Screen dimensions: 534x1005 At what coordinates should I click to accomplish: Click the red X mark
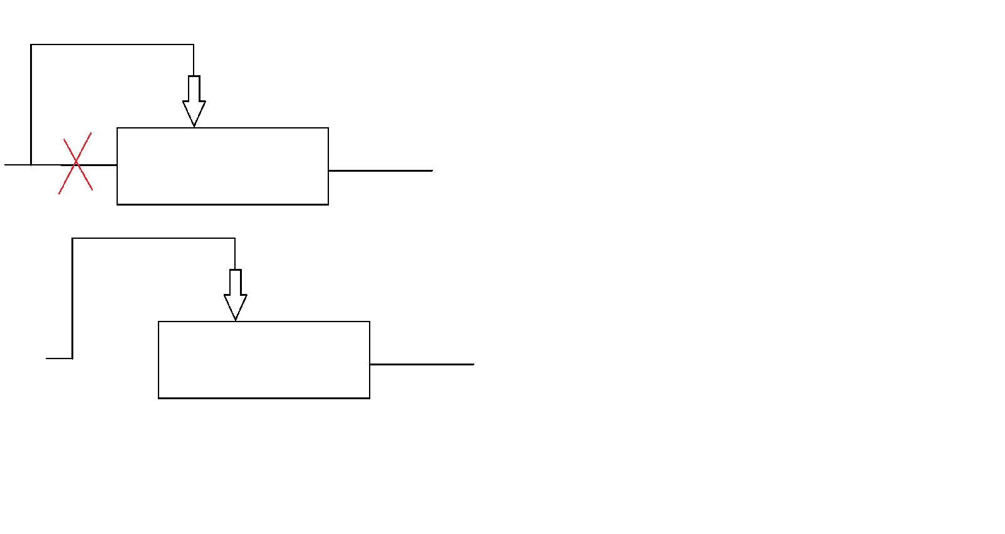pyautogui.click(x=76, y=163)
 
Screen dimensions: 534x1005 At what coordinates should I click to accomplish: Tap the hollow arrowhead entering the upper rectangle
pyautogui.click(x=194, y=113)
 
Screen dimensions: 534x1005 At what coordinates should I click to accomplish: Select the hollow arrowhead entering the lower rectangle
pyautogui.click(x=236, y=307)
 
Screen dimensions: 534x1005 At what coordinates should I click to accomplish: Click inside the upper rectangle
pyautogui.click(x=222, y=166)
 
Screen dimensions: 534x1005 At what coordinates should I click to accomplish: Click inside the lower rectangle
pyautogui.click(x=264, y=360)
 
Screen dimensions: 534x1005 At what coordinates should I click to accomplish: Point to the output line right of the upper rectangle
pyautogui.click(x=380, y=170)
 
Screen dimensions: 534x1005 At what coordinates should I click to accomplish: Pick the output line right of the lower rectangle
pyautogui.click(x=422, y=364)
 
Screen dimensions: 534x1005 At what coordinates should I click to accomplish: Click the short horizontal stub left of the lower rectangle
pyautogui.click(x=59, y=359)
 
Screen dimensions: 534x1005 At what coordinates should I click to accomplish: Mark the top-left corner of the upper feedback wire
pyautogui.click(x=31, y=45)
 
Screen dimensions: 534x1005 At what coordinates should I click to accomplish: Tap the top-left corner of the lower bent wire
pyautogui.click(x=73, y=238)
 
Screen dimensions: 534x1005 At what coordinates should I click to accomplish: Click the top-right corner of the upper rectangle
pyautogui.click(x=328, y=128)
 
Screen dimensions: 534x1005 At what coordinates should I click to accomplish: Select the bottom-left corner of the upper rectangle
pyautogui.click(x=117, y=204)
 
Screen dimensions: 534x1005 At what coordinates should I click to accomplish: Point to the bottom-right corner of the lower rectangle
pyautogui.click(x=370, y=398)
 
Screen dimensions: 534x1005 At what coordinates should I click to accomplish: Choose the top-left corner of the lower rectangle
pyautogui.click(x=159, y=322)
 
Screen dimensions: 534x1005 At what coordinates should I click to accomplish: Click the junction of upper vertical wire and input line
pyautogui.click(x=31, y=165)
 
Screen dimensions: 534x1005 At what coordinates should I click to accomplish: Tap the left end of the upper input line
pyautogui.click(x=6, y=165)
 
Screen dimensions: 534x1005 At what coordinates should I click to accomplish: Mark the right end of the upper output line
pyautogui.click(x=432, y=170)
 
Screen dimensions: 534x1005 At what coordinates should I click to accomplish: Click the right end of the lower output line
pyautogui.click(x=474, y=364)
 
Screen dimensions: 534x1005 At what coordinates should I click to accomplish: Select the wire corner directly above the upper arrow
pyautogui.click(x=194, y=45)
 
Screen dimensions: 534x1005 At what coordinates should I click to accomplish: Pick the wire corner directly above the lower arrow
pyautogui.click(x=235, y=238)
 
